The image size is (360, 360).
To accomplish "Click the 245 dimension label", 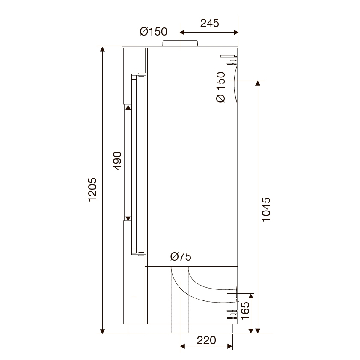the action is tap(210, 23).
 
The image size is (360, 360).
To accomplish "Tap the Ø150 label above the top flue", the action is tap(153, 31).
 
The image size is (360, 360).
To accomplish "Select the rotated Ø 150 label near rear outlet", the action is tap(221, 87).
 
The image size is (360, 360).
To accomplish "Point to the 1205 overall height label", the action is tap(93, 190).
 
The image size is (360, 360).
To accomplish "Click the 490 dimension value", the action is tap(117, 161).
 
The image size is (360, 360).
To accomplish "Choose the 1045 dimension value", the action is tap(266, 209).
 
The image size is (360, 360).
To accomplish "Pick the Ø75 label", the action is tap(181, 256).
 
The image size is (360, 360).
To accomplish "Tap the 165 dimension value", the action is tap(245, 310).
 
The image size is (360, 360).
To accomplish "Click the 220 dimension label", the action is tap(206, 340).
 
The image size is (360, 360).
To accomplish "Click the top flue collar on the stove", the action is tap(180, 43).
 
